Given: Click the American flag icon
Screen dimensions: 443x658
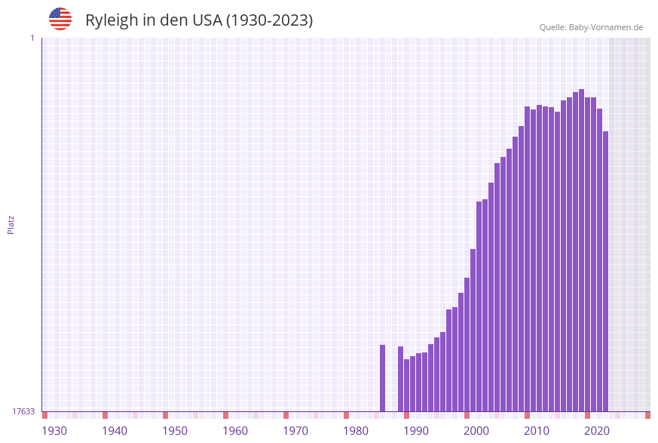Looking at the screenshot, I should [x=60, y=19].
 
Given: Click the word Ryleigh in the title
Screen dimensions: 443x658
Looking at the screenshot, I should [x=111, y=20].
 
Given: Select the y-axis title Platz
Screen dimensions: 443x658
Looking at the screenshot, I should [x=11, y=224].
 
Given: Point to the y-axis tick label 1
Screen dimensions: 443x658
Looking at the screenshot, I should [x=32, y=38].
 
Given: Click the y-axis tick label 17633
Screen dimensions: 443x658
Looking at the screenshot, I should [x=23, y=411].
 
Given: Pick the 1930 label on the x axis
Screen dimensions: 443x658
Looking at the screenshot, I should [x=54, y=431].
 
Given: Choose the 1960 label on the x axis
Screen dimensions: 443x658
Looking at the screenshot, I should [x=235, y=431].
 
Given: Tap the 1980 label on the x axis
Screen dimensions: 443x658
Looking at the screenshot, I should [x=356, y=431].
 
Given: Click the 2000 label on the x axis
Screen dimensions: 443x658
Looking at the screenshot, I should [x=476, y=431].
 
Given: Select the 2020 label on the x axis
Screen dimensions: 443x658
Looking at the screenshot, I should [x=597, y=431].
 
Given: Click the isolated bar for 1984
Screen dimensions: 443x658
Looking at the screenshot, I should [x=382, y=378].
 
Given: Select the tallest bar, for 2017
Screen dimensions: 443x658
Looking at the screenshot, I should [x=581, y=250].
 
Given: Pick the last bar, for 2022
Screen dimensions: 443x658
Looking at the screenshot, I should [x=605, y=272].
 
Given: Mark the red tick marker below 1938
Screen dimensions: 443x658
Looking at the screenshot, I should [x=105, y=415].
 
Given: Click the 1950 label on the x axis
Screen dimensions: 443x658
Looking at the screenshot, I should [x=175, y=431].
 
